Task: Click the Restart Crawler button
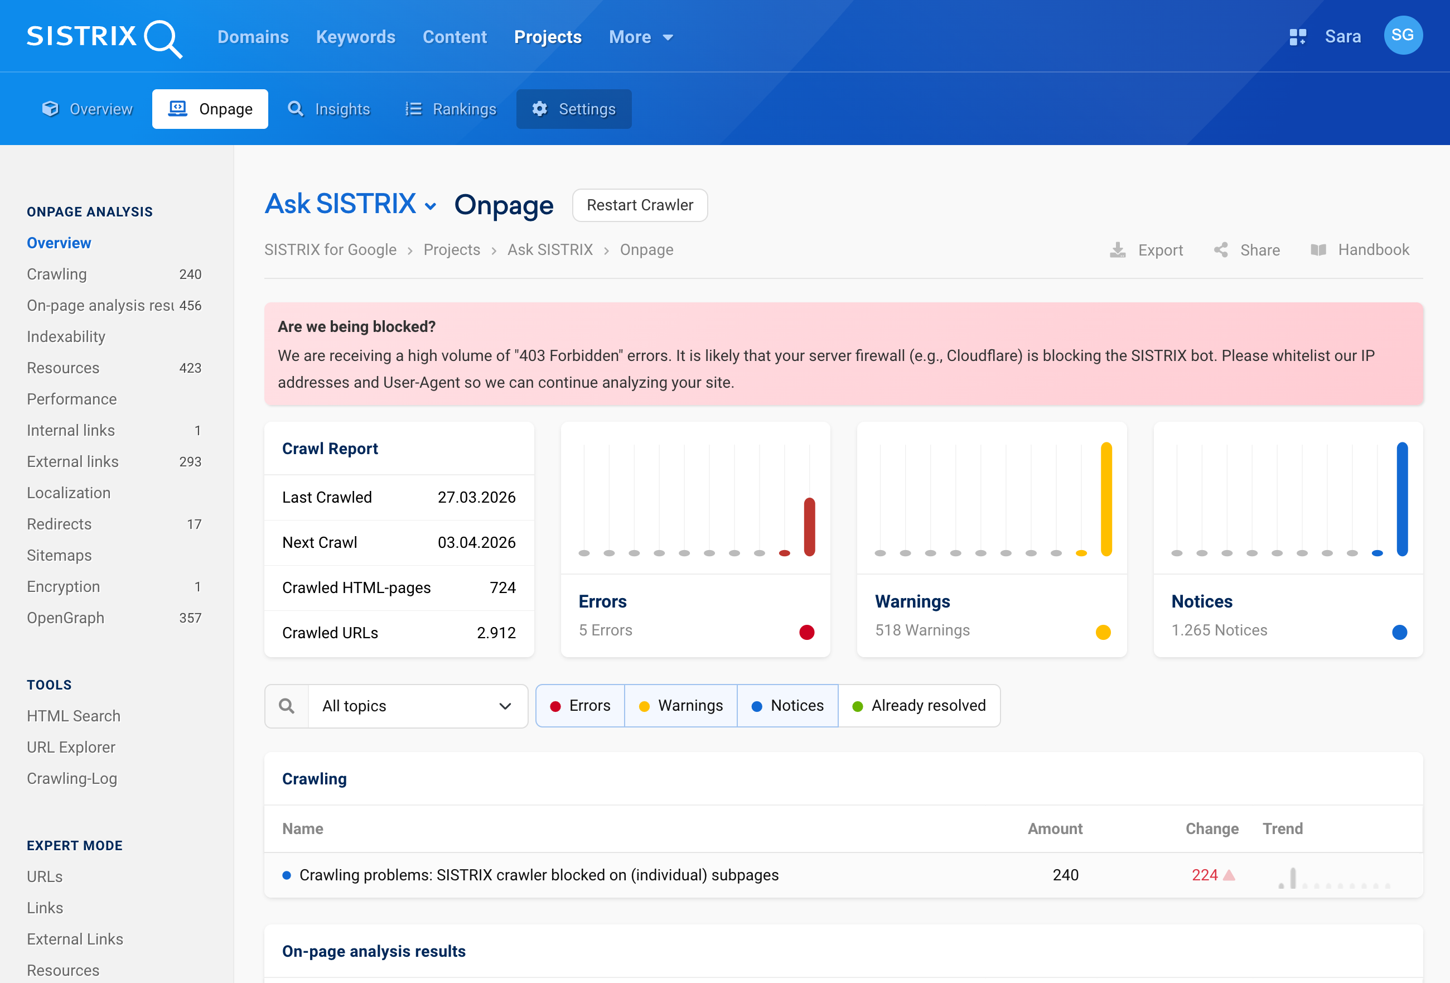(640, 205)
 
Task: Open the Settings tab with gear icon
(573, 109)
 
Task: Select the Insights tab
(329, 109)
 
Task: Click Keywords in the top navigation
(356, 37)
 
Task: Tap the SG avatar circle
(1403, 36)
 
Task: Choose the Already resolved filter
(919, 706)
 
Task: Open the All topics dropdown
(417, 706)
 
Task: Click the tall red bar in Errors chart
(809, 526)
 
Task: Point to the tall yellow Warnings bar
(1106, 499)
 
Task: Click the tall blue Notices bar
(1402, 499)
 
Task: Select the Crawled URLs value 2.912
(496, 633)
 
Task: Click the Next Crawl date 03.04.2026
(476, 542)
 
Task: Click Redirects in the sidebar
(59, 524)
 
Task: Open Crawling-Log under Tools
(72, 778)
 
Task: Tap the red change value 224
(1204, 875)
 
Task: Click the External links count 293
(190, 462)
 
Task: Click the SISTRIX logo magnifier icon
(163, 38)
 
